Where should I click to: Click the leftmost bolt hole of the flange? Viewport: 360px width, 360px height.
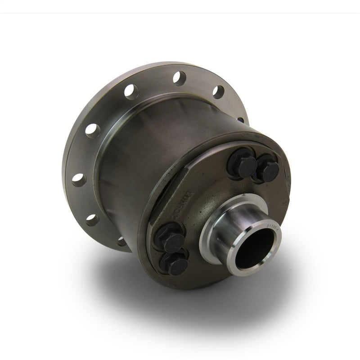78,180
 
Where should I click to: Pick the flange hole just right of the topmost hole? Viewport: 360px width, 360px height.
218,91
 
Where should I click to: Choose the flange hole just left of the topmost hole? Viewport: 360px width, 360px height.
131,91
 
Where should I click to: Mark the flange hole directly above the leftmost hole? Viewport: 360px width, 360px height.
93,130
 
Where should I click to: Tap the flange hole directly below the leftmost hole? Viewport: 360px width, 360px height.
92,220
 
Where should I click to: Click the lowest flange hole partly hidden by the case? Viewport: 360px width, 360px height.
122,242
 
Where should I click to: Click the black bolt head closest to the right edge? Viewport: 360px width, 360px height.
270,170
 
